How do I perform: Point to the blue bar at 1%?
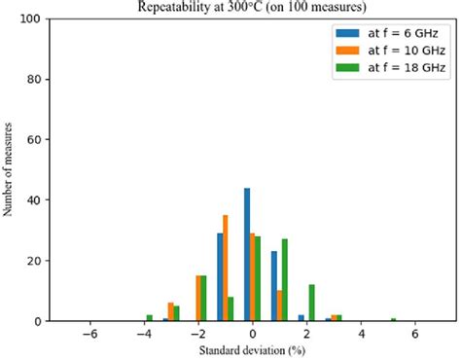pyautogui.click(x=274, y=286)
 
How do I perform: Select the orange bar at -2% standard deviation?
pyautogui.click(x=197, y=299)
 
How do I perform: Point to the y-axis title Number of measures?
pyautogui.click(x=9, y=170)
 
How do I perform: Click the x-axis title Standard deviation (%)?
pyautogui.click(x=251, y=349)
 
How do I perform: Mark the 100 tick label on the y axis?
pyautogui.click(x=30, y=19)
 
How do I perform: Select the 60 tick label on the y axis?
pyautogui.click(x=33, y=140)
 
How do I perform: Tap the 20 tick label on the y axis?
pyautogui.click(x=33, y=261)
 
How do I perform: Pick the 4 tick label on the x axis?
pyautogui.click(x=361, y=333)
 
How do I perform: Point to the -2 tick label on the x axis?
pyautogui.click(x=196, y=333)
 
